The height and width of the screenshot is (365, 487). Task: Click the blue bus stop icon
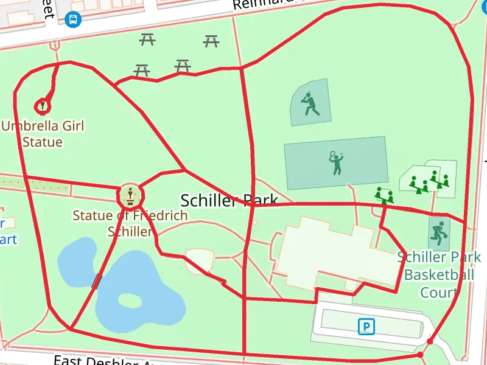72,19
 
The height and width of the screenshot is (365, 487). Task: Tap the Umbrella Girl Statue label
43,134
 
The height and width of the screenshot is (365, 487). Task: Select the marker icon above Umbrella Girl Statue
42,106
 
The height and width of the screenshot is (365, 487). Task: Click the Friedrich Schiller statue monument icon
130,195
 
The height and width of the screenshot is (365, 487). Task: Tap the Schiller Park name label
229,200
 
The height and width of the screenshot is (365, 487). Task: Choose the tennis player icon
336,163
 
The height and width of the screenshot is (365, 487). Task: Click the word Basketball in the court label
438,275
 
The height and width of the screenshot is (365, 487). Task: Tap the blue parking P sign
366,327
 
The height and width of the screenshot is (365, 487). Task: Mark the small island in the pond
130,301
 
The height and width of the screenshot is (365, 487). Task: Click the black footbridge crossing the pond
97,280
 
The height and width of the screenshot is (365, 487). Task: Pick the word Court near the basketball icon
438,293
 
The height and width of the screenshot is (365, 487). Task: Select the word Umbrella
26,126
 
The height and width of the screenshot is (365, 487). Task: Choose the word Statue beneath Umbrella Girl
43,142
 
